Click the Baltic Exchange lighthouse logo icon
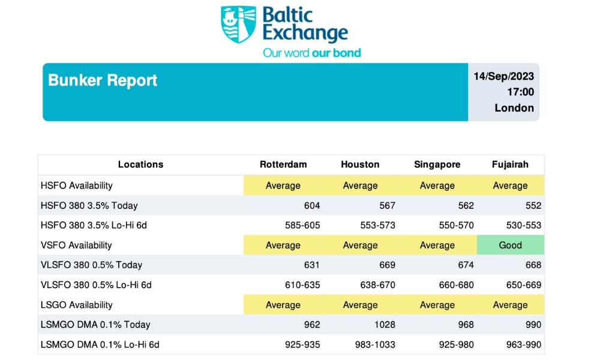coord(238,24)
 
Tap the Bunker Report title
coord(103,80)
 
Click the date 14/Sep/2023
coord(503,76)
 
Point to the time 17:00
coord(520,92)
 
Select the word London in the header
coord(514,108)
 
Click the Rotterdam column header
coord(283,164)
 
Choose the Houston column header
coord(360,164)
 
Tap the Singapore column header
coord(437,164)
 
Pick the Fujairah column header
coord(510,164)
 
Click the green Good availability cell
coord(511,245)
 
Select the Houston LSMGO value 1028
coord(384,325)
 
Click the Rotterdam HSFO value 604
coord(312,205)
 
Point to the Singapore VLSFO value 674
coord(465,265)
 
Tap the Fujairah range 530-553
coord(524,225)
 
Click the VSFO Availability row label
coord(76,245)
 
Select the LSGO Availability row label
coord(76,305)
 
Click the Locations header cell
coord(140,164)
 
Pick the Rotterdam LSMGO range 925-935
coord(302,344)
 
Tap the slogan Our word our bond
coord(312,53)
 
